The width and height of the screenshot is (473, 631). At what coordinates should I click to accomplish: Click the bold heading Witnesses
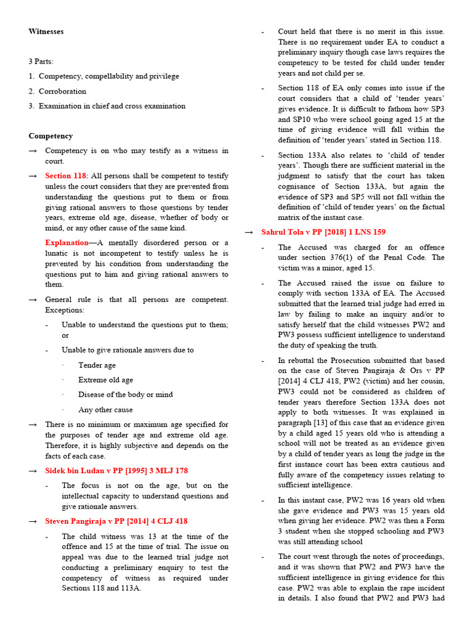pos(46,31)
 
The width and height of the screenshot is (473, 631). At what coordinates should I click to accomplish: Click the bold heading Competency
pos(51,136)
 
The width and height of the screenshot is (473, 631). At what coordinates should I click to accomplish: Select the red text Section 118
pos(66,176)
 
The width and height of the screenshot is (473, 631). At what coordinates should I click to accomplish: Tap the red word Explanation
pos(67,243)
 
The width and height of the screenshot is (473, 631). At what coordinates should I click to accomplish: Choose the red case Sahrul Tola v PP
pos(323,232)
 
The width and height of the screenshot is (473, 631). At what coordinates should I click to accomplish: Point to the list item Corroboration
pos(62,91)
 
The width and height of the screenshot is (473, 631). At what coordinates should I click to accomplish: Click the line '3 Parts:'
pos(41,62)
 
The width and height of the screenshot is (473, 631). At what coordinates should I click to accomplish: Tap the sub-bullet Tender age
pos(97,365)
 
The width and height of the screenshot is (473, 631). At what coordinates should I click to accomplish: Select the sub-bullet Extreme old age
pos(105,380)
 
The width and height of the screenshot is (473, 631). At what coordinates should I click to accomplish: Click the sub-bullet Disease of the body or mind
pos(126,395)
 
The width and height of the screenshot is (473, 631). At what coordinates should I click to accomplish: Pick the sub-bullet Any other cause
pos(105,410)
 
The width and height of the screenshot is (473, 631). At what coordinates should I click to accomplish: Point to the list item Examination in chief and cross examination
pos(111,106)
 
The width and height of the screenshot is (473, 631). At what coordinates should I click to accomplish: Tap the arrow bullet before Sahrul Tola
pos(249,232)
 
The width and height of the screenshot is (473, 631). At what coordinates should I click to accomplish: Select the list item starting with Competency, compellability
pos(108,76)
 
